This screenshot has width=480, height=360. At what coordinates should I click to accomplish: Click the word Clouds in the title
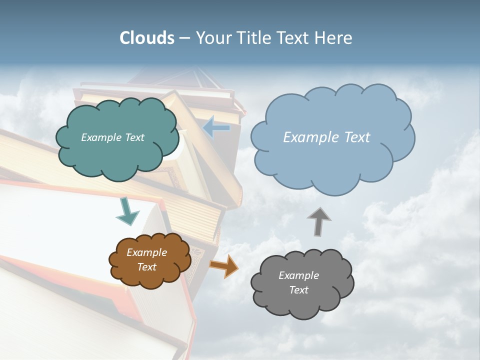click(146, 38)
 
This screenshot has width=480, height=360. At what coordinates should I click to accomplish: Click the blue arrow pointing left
click(216, 128)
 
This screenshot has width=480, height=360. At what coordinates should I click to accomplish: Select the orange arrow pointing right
click(224, 266)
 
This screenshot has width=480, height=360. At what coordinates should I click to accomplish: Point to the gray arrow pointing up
click(319, 221)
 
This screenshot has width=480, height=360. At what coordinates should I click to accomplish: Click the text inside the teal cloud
click(112, 137)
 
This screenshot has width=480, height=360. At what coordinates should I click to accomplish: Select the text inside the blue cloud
click(326, 137)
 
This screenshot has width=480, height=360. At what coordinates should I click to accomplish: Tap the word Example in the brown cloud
click(146, 252)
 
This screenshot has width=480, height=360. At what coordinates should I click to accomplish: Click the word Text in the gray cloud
click(298, 290)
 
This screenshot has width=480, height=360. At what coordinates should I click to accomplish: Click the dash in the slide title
click(184, 38)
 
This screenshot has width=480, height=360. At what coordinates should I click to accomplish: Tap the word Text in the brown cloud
click(146, 267)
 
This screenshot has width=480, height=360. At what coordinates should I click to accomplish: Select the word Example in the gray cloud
click(298, 275)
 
